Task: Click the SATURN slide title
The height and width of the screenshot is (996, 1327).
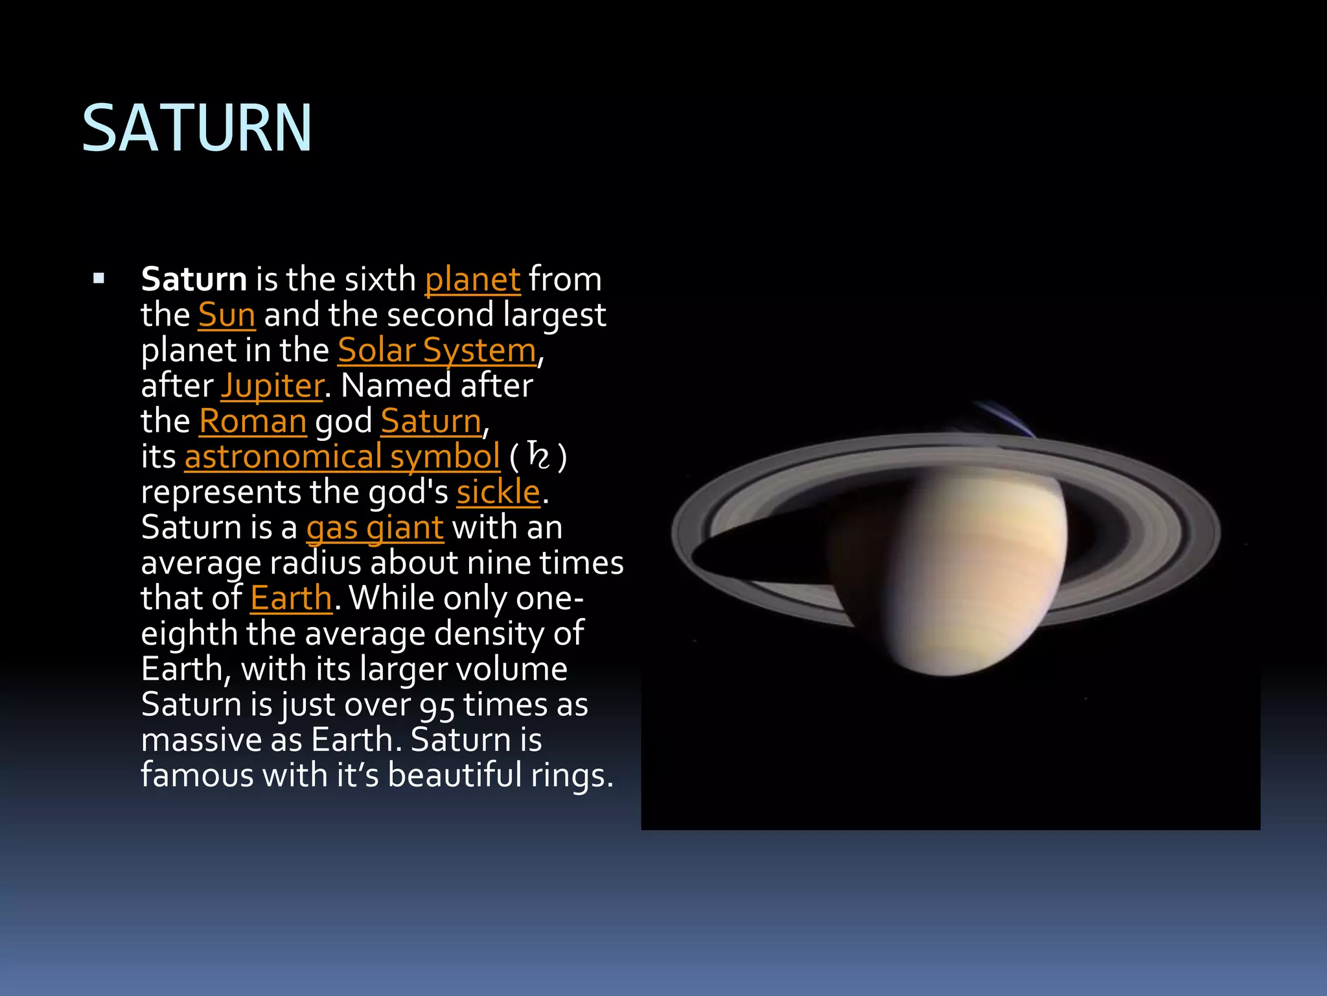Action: [x=197, y=128]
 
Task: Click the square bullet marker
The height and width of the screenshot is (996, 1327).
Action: [x=98, y=279]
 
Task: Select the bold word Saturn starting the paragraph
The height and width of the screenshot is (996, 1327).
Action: [x=194, y=279]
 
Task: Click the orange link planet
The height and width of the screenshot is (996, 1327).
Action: [x=472, y=280]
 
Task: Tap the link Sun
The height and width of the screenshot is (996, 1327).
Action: [x=227, y=315]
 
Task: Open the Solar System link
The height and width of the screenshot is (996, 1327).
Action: [x=437, y=351]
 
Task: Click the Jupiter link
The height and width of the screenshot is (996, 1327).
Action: [x=272, y=386]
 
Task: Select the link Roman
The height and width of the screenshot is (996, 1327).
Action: [x=253, y=421]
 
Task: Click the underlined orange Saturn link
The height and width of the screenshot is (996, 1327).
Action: [x=432, y=421]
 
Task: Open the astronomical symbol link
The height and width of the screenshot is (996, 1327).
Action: [x=342, y=456]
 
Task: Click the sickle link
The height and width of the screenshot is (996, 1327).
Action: [x=498, y=492]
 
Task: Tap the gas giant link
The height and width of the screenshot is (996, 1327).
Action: [x=375, y=528]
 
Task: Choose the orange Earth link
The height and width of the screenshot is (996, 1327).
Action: [x=291, y=598]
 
